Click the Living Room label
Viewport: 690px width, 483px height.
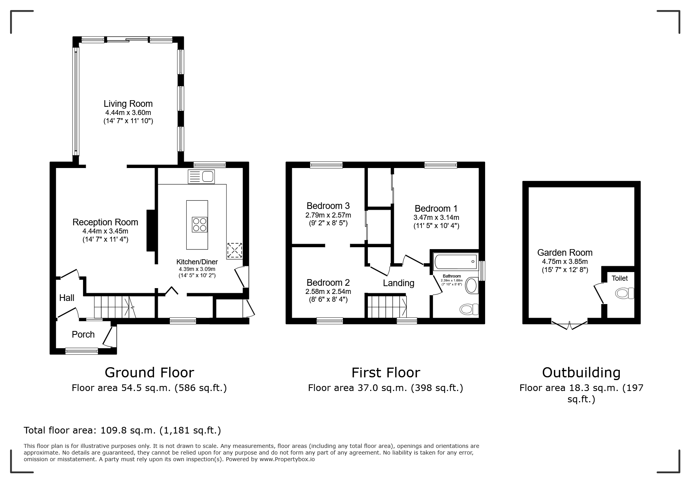(128, 104)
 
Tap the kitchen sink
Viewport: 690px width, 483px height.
(201, 177)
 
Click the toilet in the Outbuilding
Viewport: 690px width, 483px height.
(624, 293)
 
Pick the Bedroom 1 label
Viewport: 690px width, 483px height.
(436, 209)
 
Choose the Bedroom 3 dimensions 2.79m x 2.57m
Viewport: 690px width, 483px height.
(328, 215)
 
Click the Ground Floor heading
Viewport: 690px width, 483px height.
(149, 373)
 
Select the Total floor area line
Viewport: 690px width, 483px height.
(122, 430)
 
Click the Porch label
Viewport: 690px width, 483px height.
(83, 334)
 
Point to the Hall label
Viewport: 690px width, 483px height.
(67, 298)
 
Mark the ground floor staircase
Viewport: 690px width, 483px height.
(114, 307)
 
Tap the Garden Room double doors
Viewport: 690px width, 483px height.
(570, 325)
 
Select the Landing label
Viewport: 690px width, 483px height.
(399, 283)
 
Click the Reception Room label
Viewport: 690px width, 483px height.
(105, 222)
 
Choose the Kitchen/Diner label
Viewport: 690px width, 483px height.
(197, 262)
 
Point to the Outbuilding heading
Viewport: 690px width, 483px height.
(581, 373)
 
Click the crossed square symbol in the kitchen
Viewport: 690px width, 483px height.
(235, 250)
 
